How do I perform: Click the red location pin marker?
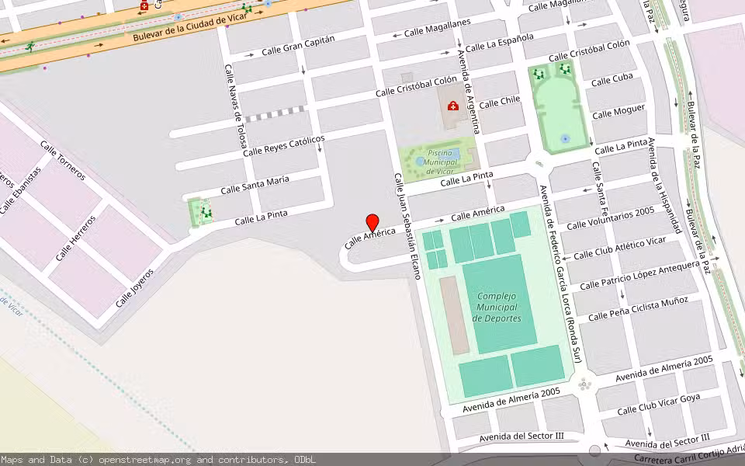(x=372, y=222)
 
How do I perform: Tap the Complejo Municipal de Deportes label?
(x=497, y=308)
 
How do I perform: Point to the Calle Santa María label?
(x=255, y=185)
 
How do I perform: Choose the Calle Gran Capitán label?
(x=298, y=45)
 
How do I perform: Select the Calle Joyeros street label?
(x=135, y=287)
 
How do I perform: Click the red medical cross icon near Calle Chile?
(x=453, y=106)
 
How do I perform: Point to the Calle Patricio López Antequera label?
(x=639, y=276)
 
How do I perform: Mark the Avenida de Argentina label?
(x=469, y=92)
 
